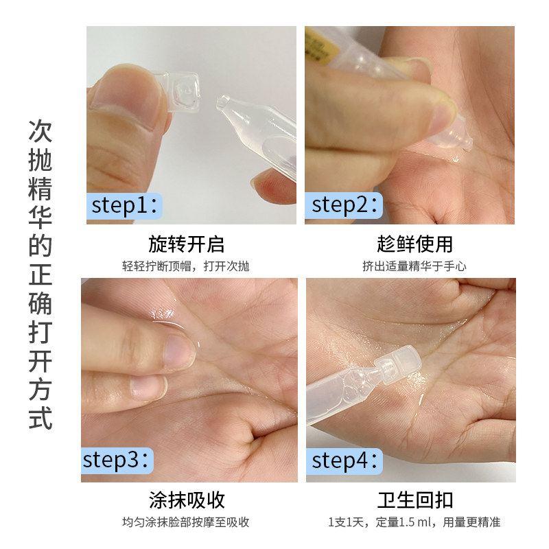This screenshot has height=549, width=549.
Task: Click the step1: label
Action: pyautogui.click(x=126, y=205)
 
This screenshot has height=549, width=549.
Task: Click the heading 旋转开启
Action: pyautogui.click(x=187, y=244)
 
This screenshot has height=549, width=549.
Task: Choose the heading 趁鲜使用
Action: pyautogui.click(x=414, y=244)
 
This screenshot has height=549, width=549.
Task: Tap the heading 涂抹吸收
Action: pyautogui.click(x=187, y=500)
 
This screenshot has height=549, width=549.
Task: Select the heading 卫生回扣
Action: pyautogui.click(x=414, y=500)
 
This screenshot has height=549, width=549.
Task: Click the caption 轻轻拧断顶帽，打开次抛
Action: pyautogui.click(x=187, y=266)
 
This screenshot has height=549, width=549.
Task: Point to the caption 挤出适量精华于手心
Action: pyautogui.click(x=414, y=266)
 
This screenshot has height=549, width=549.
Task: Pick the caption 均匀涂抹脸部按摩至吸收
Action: pyautogui.click(x=187, y=522)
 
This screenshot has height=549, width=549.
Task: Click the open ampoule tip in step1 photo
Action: pyautogui.click(x=224, y=103)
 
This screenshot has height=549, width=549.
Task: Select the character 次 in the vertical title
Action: pyautogui.click(x=40, y=130)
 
